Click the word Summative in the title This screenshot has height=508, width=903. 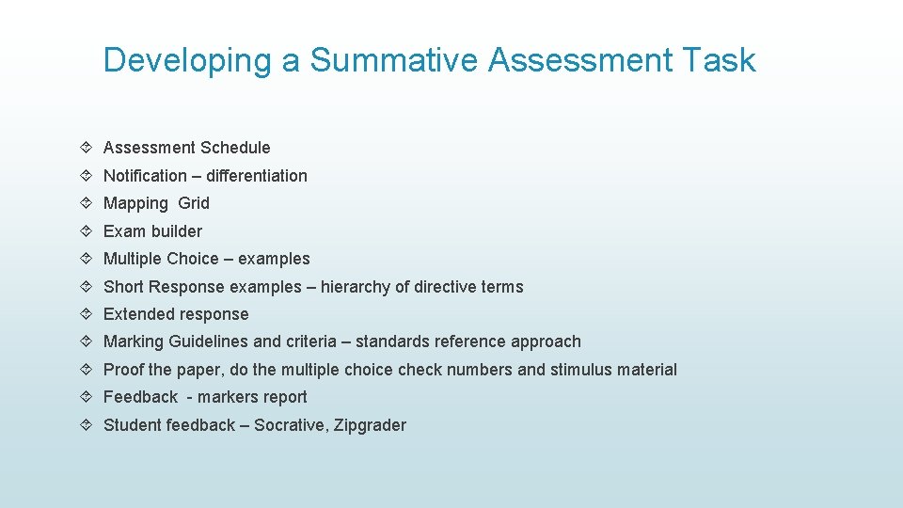pyautogui.click(x=394, y=60)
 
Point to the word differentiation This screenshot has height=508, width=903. pyautogui.click(x=257, y=176)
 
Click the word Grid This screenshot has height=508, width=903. pyautogui.click(x=194, y=203)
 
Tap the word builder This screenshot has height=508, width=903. pyautogui.click(x=176, y=231)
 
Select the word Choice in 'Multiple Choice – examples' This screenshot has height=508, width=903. pyautogui.click(x=192, y=259)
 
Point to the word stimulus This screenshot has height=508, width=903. pyautogui.click(x=579, y=370)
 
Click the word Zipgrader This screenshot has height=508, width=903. pyautogui.click(x=372, y=425)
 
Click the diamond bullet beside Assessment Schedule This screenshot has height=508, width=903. pyautogui.click(x=87, y=148)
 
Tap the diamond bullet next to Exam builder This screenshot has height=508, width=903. pyautogui.click(x=87, y=231)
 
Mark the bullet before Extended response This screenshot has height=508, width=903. pyautogui.click(x=87, y=314)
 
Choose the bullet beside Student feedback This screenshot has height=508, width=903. pyautogui.click(x=87, y=425)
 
